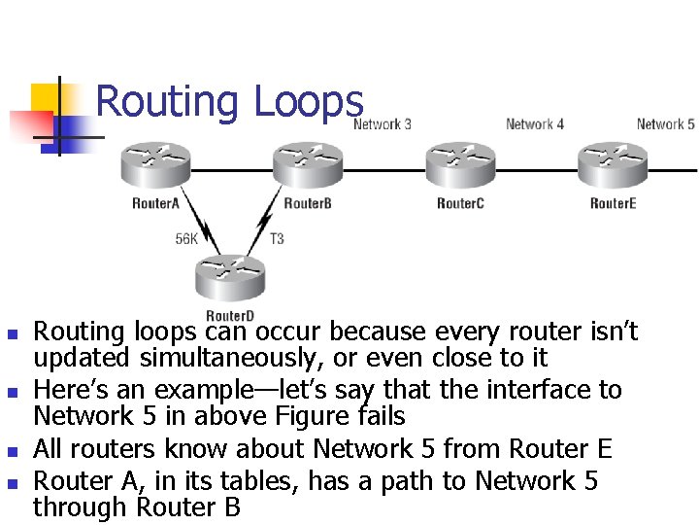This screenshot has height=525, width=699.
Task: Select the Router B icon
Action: (x=308, y=165)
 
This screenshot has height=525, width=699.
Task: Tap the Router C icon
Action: (x=461, y=165)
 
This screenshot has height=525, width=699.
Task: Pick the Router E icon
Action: (x=613, y=165)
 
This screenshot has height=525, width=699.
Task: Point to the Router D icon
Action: (x=230, y=278)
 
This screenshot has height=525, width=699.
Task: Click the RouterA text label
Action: (x=155, y=203)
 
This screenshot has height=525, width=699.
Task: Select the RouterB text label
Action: (x=308, y=203)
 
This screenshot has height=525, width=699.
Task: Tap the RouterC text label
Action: (x=460, y=203)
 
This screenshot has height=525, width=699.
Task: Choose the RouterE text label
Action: (x=613, y=203)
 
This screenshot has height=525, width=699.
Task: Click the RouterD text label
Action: (x=230, y=316)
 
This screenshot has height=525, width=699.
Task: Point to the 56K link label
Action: (x=186, y=239)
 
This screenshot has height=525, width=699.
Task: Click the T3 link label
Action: (x=277, y=239)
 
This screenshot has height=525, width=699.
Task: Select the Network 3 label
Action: (x=382, y=124)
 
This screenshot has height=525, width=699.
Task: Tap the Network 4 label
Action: (x=534, y=124)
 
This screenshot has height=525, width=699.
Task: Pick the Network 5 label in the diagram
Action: (x=665, y=124)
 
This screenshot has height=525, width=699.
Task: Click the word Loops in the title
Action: (x=308, y=103)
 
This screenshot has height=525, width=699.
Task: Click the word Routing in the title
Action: (x=167, y=103)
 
